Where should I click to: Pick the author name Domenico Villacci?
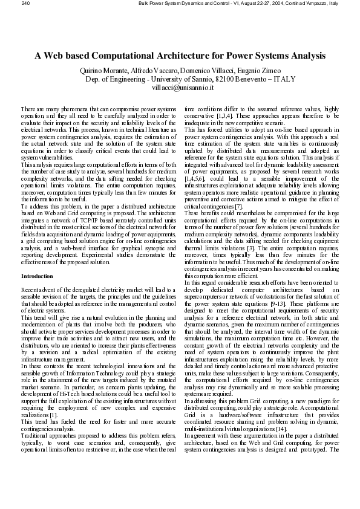pos(208,71)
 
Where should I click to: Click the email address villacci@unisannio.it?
pos(180,88)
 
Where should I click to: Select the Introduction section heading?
pos(38,276)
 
